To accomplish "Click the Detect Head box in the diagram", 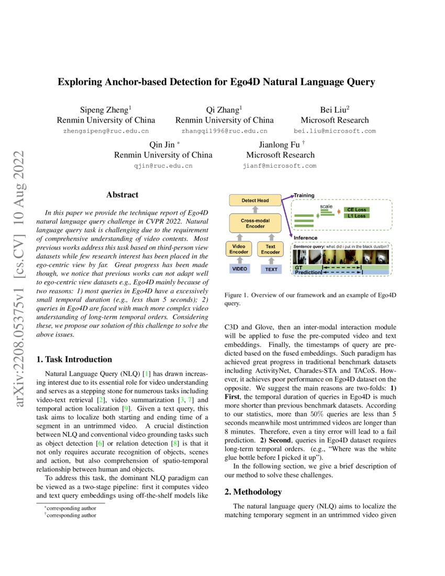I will (x=255, y=201).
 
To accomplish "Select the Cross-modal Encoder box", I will (x=255, y=224).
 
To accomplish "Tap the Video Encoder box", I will (x=238, y=249).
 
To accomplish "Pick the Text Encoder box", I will (x=271, y=249).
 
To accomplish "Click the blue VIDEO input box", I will (x=239, y=269).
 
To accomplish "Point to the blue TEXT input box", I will (x=271, y=269).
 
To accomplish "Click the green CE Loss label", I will (x=357, y=209).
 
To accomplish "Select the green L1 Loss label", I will (x=357, y=216).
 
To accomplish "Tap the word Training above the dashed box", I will (x=304, y=195).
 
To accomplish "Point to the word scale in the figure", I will (x=326, y=206).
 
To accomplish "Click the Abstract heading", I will (x=123, y=195).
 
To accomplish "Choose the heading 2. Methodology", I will (x=253, y=492).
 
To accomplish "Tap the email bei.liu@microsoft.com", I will (x=335, y=131).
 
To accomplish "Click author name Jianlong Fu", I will (x=280, y=145).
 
